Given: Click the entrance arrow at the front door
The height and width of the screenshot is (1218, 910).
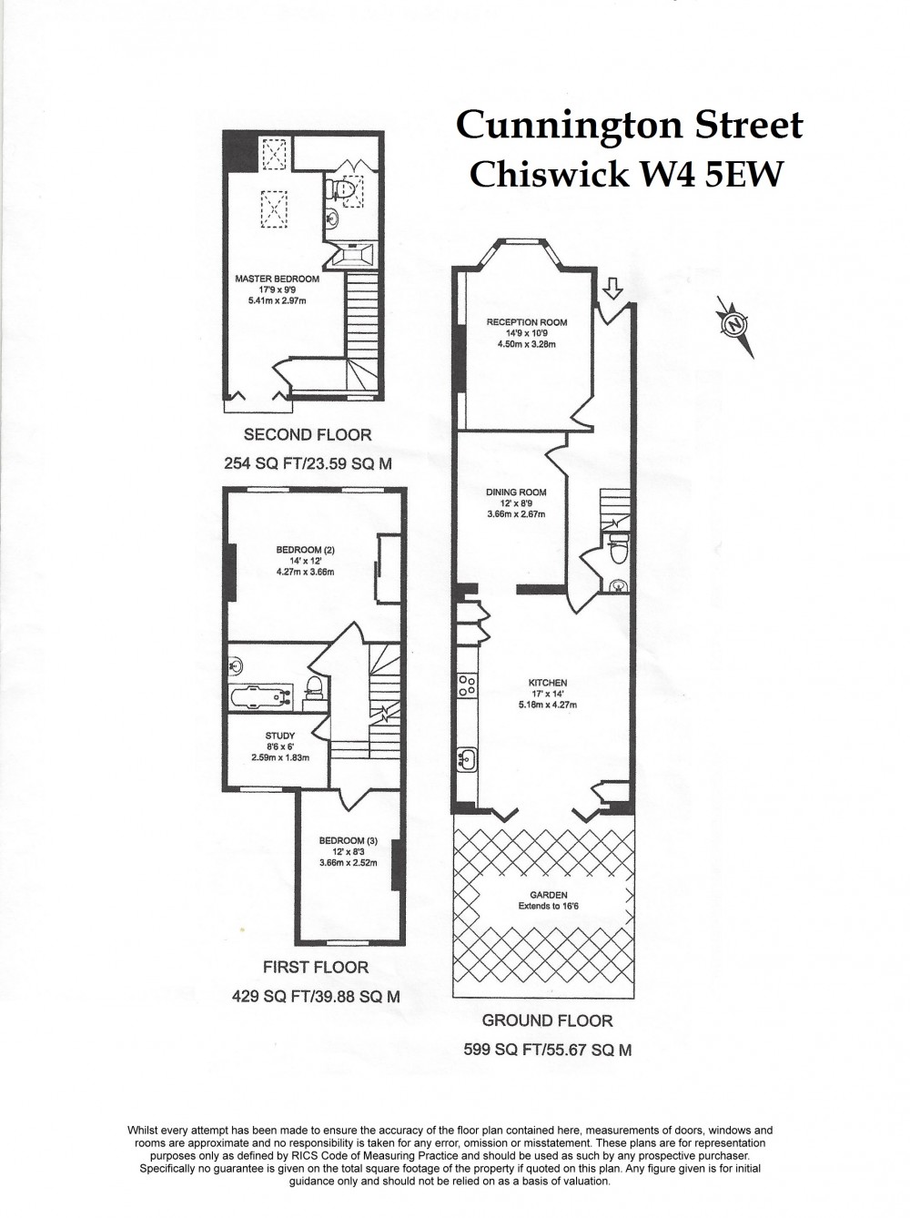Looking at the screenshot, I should click(613, 289).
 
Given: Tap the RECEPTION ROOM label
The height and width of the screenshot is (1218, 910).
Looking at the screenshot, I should click(526, 322).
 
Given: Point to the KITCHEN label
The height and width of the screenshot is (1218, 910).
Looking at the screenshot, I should click(548, 683).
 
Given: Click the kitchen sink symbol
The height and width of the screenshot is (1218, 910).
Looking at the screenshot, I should click(469, 757).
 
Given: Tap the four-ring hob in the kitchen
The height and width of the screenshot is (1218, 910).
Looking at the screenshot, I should click(468, 685).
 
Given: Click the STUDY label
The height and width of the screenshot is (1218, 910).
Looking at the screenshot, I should click(279, 736).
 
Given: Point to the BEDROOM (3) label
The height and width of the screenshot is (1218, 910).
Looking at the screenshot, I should click(348, 840).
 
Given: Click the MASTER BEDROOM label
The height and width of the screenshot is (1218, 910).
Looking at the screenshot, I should click(277, 279).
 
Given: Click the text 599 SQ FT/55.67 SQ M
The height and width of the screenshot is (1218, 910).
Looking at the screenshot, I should click(547, 1050).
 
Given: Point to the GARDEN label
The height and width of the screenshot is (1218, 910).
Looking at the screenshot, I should click(549, 895).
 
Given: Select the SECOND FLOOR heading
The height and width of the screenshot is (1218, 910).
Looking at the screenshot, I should click(308, 435).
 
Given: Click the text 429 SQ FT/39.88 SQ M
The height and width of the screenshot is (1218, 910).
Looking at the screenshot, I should click(316, 997).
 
